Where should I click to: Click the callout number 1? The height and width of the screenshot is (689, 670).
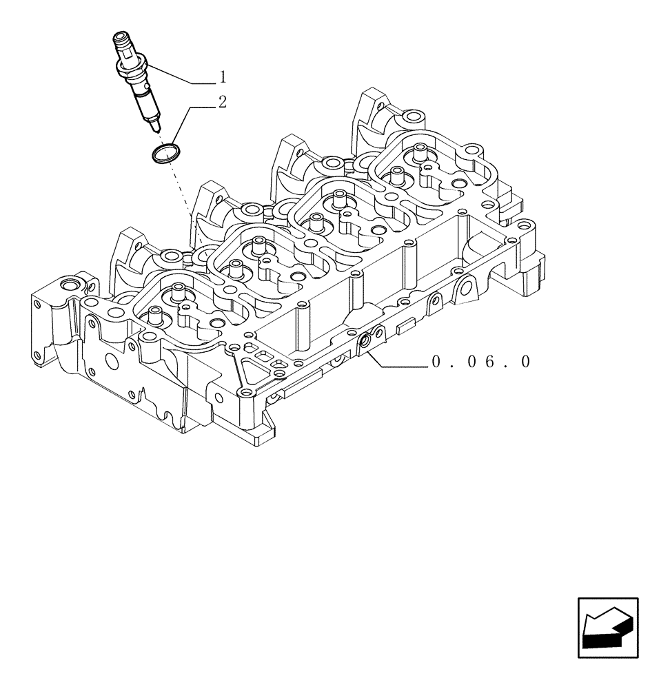[223, 74]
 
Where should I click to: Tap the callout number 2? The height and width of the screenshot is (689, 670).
[222, 103]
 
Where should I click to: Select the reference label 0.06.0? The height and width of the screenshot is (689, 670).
[481, 362]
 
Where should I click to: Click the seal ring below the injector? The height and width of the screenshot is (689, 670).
[165, 152]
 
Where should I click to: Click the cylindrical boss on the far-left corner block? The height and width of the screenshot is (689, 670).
[70, 285]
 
